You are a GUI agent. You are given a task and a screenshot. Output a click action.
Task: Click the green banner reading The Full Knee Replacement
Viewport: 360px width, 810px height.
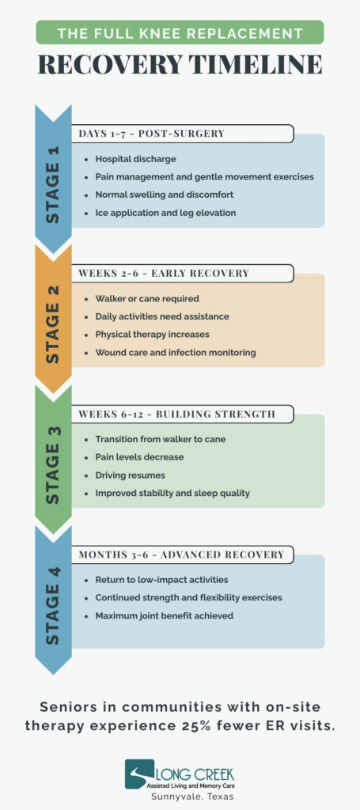point(180,32)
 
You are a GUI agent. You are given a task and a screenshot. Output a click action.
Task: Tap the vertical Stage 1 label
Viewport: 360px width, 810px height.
point(53,185)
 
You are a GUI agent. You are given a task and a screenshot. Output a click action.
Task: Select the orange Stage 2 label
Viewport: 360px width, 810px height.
point(53,324)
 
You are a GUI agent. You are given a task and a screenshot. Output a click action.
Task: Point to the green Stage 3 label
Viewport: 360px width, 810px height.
point(53,465)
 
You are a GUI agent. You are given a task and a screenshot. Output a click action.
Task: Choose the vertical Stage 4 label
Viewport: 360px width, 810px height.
point(53,605)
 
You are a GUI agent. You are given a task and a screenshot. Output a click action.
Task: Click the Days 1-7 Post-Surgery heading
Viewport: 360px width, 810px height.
point(151,133)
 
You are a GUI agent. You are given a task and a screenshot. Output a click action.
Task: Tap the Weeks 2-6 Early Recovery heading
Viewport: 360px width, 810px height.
point(164,273)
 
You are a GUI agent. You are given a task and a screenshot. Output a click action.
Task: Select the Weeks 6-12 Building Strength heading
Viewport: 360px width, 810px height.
point(176,414)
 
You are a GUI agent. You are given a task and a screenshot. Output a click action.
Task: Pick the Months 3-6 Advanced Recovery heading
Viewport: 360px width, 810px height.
point(181,555)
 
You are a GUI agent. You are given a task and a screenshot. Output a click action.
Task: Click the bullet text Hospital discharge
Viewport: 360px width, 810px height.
point(135,159)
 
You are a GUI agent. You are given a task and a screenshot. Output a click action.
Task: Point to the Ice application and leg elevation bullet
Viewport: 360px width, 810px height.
point(165,212)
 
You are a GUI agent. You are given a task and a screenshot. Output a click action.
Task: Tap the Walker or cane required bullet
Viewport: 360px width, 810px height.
point(146,298)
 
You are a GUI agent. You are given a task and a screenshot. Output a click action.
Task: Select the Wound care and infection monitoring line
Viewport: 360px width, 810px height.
point(175,353)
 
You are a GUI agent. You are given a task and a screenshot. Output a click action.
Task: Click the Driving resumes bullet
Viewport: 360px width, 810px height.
point(130,475)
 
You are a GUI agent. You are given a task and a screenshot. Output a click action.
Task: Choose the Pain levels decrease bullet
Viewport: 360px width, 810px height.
point(139,457)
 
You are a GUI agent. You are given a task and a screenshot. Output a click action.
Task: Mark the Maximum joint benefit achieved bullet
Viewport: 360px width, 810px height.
point(164,615)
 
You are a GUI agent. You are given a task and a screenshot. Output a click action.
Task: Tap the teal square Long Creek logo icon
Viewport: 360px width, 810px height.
point(139,774)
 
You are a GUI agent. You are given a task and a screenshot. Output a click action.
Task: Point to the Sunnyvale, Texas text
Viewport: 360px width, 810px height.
point(191,797)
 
